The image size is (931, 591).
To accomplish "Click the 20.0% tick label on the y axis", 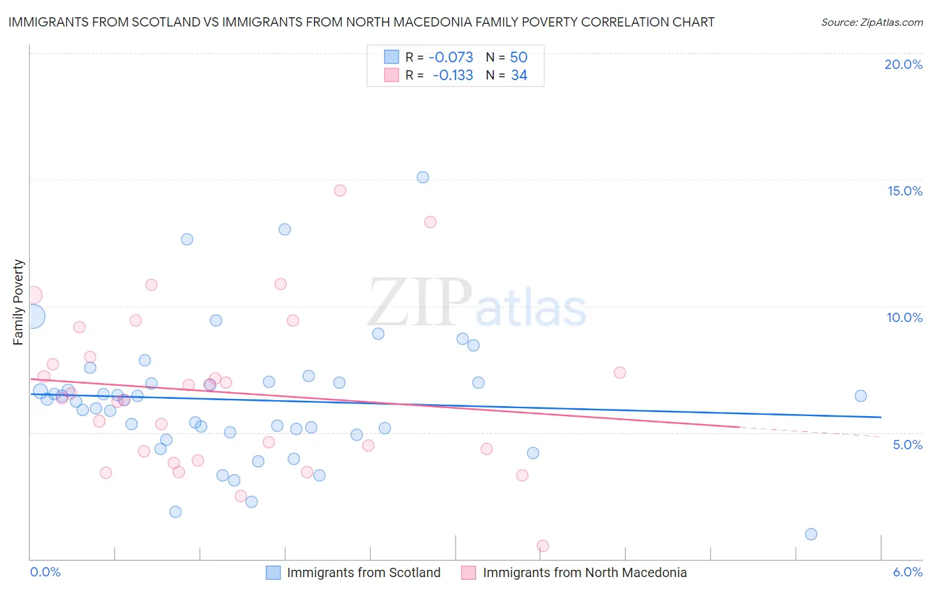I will (x=903, y=64).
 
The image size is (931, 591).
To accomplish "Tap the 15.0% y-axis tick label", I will (x=905, y=191).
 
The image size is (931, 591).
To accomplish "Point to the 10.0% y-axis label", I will (x=905, y=317).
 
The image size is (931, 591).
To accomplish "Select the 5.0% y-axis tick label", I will (x=907, y=445).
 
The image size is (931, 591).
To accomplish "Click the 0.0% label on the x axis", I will (x=45, y=572).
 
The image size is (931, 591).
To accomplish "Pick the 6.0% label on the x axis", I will (x=907, y=572).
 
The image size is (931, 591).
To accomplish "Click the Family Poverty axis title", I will (x=19, y=301).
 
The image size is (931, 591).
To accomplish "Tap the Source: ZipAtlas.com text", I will (x=871, y=22).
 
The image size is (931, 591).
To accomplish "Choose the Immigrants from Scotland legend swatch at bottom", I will (x=273, y=572).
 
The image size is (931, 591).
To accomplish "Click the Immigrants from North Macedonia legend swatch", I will (x=469, y=572).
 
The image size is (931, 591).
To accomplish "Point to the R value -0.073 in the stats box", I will (x=451, y=57).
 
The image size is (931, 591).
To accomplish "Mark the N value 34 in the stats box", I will (x=519, y=76).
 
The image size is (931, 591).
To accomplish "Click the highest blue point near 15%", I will (x=423, y=177).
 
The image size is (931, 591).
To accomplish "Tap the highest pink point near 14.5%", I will (x=340, y=190).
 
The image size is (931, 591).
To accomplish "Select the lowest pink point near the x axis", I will (x=543, y=546).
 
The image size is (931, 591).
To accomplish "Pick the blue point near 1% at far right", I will (x=811, y=534).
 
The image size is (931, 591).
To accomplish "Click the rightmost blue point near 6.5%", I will (x=861, y=396).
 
